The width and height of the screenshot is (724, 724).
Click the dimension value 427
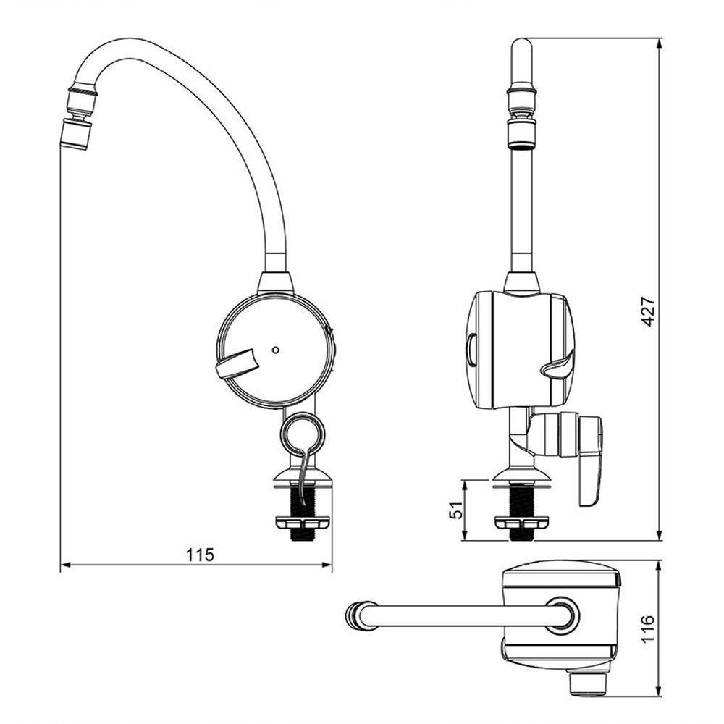pyautogui.click(x=649, y=311)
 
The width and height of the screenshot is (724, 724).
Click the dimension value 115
pyautogui.click(x=200, y=555)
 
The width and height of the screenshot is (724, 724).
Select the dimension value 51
pyautogui.click(x=455, y=510)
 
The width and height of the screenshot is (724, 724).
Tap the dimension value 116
pyautogui.click(x=648, y=628)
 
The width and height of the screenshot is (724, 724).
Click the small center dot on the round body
pyautogui.click(x=276, y=350)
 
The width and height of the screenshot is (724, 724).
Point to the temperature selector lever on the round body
pyautogui.click(x=237, y=363)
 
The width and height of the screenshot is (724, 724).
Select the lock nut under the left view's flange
pyautogui.click(x=303, y=523)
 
